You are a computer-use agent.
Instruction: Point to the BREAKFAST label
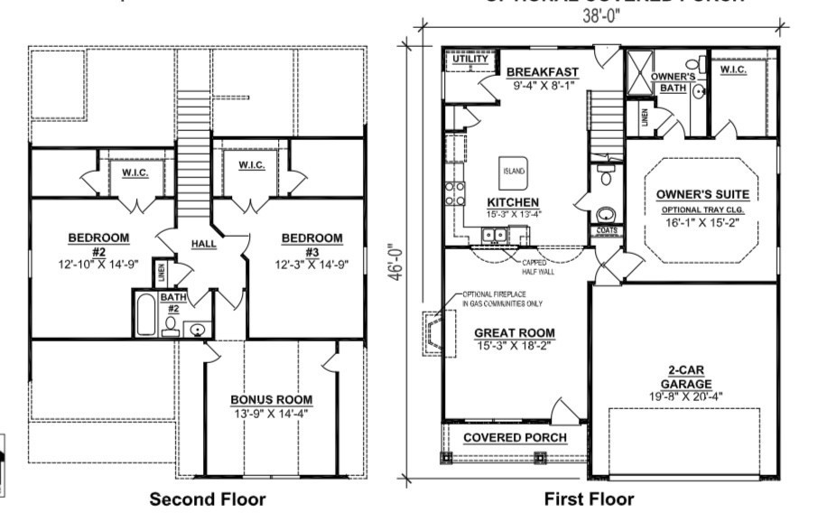point(542,72)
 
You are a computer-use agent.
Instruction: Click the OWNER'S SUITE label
point(702,194)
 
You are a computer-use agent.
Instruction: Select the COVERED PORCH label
point(515,438)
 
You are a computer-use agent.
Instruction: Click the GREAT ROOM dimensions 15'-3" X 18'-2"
point(514,345)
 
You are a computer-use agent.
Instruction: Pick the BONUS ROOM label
point(271,399)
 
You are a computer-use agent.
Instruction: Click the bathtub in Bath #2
point(148,315)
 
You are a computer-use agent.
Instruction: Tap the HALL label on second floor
point(202,244)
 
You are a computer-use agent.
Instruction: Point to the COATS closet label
point(607,230)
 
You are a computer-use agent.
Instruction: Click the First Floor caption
point(589,499)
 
